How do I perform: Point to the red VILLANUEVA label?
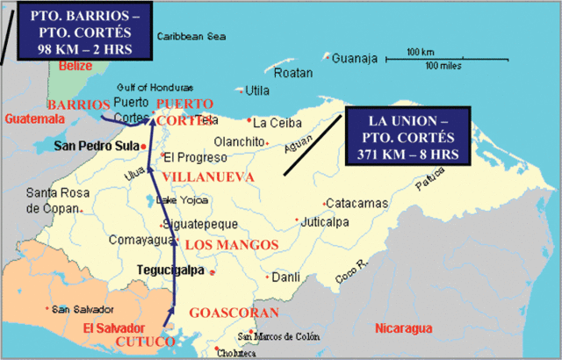(212, 177)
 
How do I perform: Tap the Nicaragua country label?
(403, 328)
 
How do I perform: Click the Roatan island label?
(293, 73)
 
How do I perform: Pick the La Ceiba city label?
(277, 122)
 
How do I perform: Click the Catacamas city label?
(356, 203)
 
